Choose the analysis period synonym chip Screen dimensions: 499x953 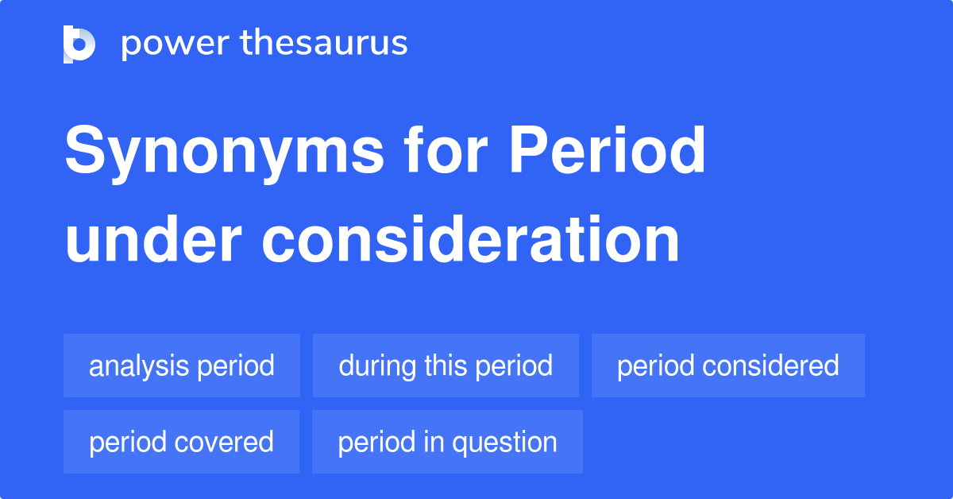point(182,366)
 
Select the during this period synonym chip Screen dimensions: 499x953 point(446,366)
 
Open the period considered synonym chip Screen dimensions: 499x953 point(728,366)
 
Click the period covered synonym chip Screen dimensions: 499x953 point(181,442)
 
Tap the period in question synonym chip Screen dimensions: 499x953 point(447,442)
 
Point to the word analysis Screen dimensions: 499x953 point(139,366)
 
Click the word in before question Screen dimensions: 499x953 point(431,442)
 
